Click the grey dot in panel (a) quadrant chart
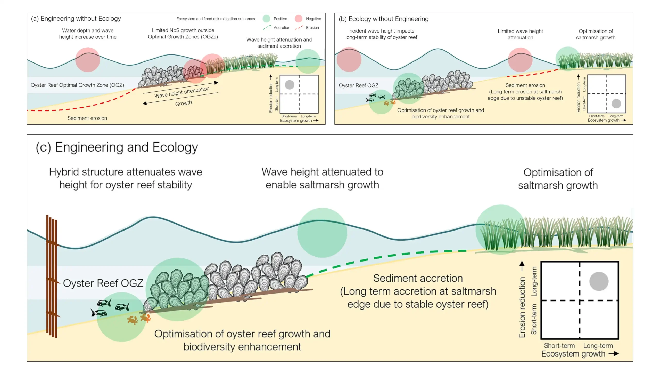(x=290, y=85)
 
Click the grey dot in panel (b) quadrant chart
(x=616, y=104)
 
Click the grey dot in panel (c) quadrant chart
(x=599, y=281)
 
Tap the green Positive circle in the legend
(x=266, y=19)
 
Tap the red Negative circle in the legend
(x=299, y=19)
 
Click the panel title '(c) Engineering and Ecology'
(x=117, y=147)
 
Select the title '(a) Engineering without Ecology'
(x=76, y=19)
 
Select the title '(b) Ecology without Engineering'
(x=384, y=19)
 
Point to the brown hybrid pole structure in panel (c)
(x=52, y=276)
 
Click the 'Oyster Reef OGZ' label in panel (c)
(x=103, y=283)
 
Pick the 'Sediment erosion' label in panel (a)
(x=87, y=118)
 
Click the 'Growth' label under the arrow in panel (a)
(x=184, y=103)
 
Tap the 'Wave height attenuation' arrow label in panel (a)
(x=182, y=92)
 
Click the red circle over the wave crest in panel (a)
(x=88, y=60)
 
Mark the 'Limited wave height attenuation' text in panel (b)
(x=520, y=34)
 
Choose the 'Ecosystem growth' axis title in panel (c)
(x=573, y=354)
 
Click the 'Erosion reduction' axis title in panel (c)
(x=522, y=307)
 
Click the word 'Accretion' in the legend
(x=282, y=28)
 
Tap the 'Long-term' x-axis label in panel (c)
(x=598, y=346)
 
